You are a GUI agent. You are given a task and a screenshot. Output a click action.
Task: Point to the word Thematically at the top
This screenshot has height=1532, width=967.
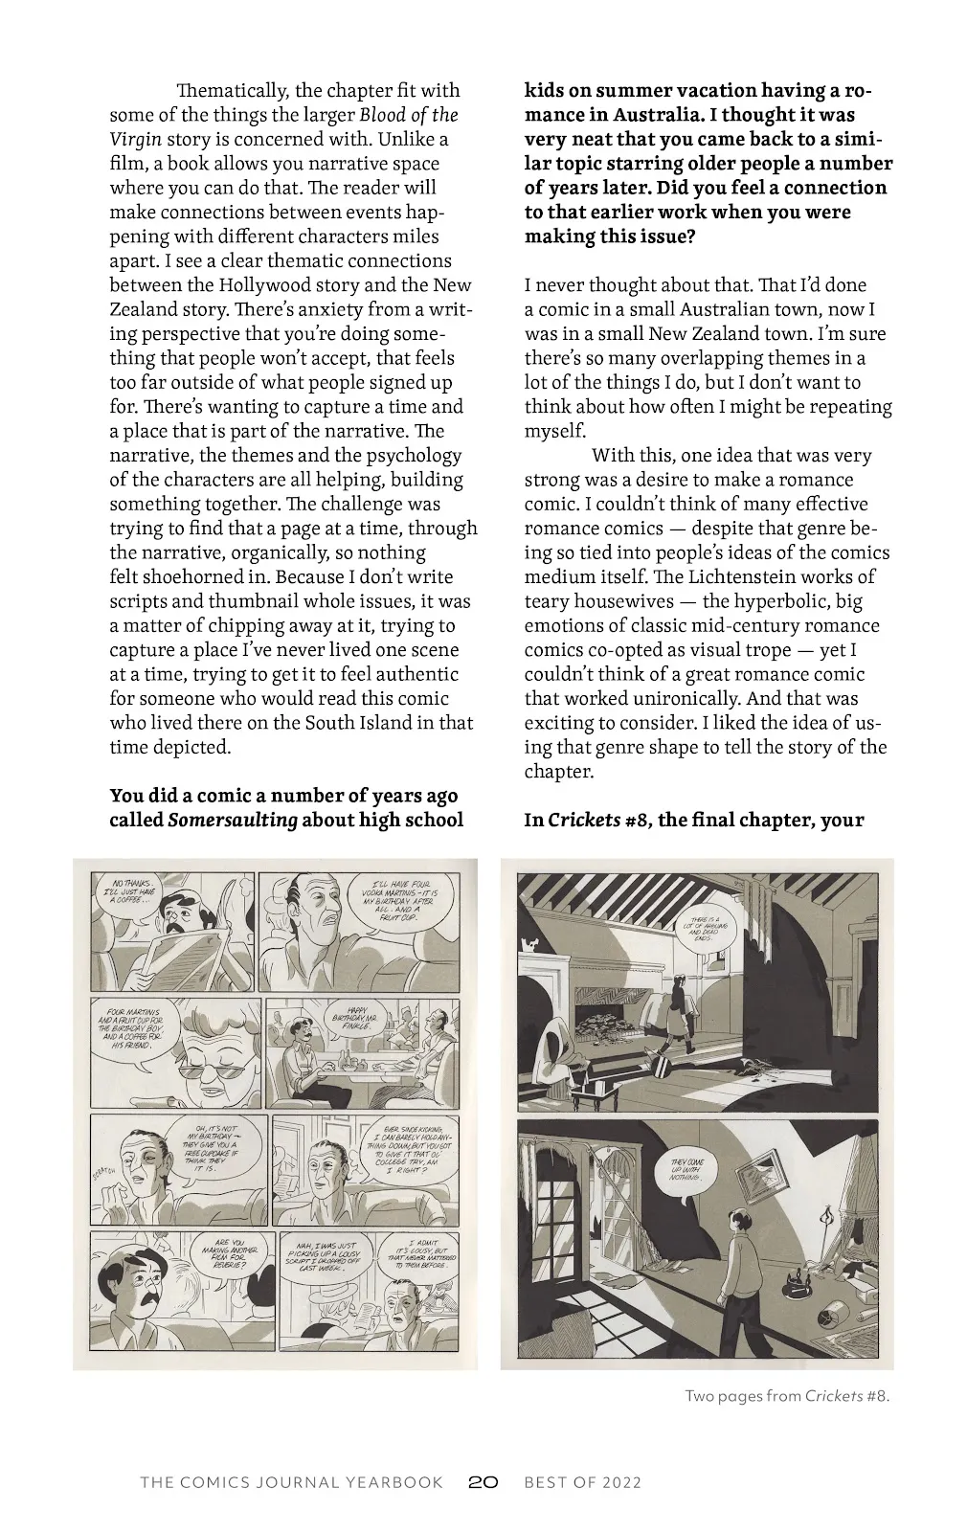[231, 91]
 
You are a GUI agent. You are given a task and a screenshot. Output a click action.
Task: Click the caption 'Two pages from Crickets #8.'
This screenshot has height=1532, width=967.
[787, 1395]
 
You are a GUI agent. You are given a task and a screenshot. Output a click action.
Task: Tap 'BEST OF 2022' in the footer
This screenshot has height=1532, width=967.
[582, 1482]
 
